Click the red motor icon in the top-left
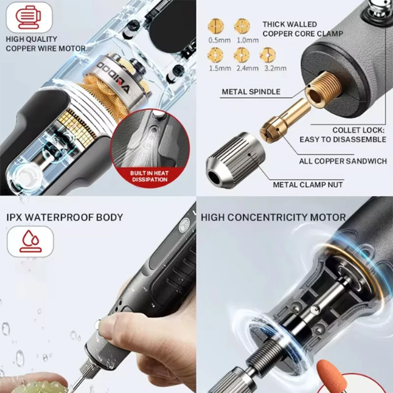pyautogui.click(x=29, y=17)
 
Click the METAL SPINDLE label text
pyautogui.click(x=251, y=91)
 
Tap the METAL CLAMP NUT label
pyautogui.click(x=308, y=185)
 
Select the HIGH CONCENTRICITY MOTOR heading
pyautogui.click(x=273, y=217)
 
